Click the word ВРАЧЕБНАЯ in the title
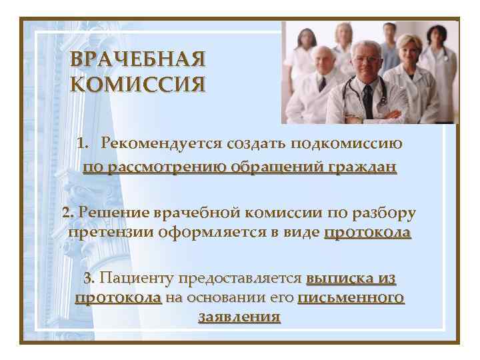pyautogui.click(x=137, y=60)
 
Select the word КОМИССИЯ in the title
pyautogui.click(x=137, y=85)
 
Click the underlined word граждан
pyautogui.click(x=362, y=167)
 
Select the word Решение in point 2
pyautogui.click(x=114, y=213)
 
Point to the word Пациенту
pyautogui.click(x=137, y=277)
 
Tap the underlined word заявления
pyautogui.click(x=239, y=317)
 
